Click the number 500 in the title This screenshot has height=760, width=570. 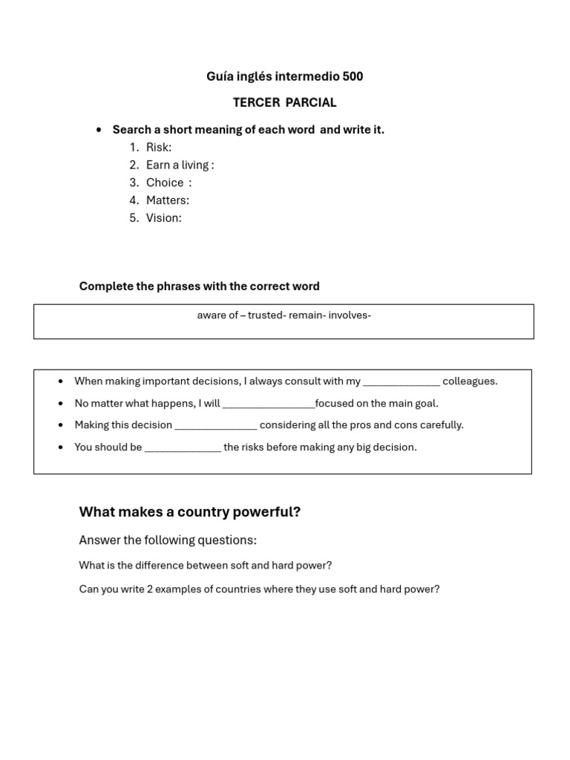[353, 76]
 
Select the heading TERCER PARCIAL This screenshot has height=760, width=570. [284, 102]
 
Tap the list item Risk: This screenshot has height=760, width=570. [158, 147]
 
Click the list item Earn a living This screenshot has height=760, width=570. [180, 165]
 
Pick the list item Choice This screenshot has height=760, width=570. [166, 183]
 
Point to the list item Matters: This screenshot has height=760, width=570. [167, 200]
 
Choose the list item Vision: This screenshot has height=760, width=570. [163, 218]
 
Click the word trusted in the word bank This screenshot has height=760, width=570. [266, 315]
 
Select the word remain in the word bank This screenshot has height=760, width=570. [306, 315]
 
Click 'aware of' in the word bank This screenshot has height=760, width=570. [217, 315]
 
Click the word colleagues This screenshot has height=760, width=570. [470, 381]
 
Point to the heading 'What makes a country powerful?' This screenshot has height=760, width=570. [190, 512]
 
